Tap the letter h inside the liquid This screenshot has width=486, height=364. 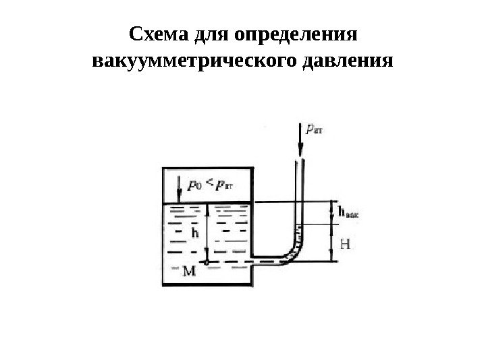coord(195,233)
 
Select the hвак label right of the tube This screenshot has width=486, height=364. coord(348,212)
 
